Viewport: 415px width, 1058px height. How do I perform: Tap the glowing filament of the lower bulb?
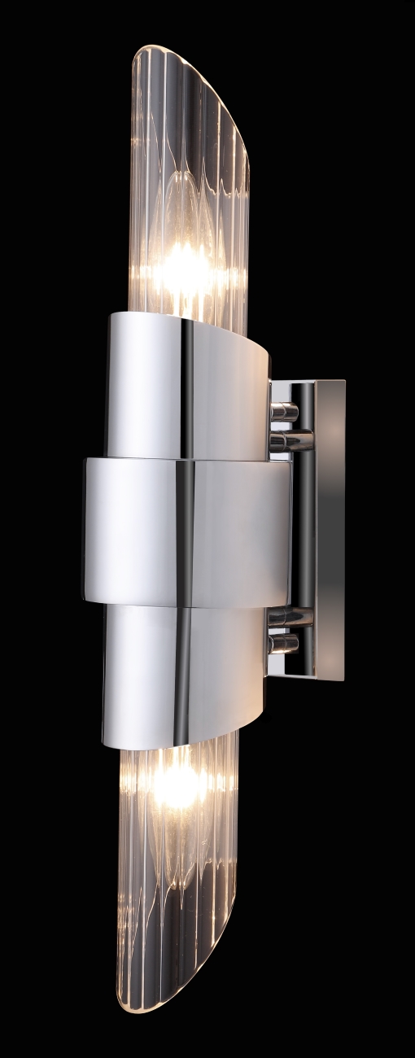coord(177,785)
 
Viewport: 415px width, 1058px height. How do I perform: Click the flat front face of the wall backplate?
coord(330,529)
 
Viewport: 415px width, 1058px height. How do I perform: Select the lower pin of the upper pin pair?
coord(290,441)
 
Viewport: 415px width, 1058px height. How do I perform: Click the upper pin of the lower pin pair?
coord(290,617)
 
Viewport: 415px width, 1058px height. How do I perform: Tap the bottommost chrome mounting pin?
coord(284,645)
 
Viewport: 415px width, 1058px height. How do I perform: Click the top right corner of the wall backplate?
coord(344,382)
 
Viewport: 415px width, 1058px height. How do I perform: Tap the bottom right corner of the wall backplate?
coord(343,679)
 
